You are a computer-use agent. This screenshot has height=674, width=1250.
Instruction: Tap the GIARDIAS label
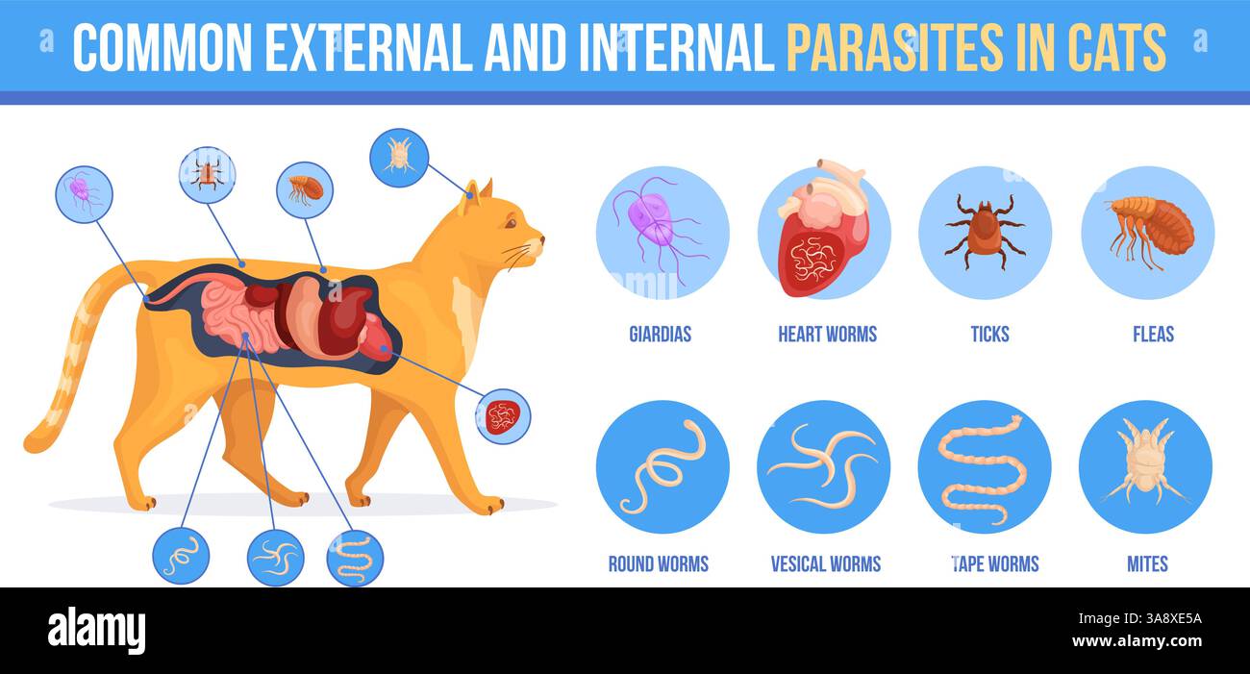click(x=660, y=335)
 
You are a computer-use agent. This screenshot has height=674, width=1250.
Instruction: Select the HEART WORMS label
click(x=827, y=335)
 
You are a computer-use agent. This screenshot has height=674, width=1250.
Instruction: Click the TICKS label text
click(x=989, y=335)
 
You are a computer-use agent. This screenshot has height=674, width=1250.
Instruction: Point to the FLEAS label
click(x=1153, y=335)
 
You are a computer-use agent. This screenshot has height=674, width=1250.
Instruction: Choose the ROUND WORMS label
click(x=658, y=564)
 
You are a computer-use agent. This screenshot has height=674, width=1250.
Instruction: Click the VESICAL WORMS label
click(x=825, y=564)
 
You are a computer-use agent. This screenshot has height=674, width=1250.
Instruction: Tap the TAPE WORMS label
click(x=994, y=564)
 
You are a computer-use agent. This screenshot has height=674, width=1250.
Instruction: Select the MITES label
click(x=1147, y=564)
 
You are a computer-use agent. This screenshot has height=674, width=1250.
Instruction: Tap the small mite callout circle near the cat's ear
click(x=398, y=157)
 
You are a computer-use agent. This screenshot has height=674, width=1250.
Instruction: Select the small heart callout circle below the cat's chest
click(x=502, y=416)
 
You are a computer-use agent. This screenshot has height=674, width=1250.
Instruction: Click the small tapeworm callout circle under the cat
click(x=355, y=558)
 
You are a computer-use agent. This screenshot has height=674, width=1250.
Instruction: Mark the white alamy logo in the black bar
click(x=96, y=631)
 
